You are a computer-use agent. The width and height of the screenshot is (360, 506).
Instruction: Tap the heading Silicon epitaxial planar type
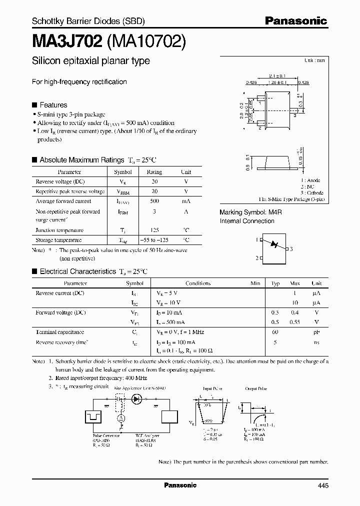pos(90,61)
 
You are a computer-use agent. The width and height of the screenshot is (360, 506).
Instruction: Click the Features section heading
pos(53,105)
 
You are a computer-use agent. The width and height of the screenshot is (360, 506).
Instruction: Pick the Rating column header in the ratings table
pos(154,172)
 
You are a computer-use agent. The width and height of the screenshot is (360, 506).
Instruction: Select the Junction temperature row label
pos(59,230)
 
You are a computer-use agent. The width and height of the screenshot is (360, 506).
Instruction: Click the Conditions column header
pos(198,283)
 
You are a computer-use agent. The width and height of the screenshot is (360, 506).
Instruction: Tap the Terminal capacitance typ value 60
pos(275,332)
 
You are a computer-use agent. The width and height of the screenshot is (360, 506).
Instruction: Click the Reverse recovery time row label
pos(62,342)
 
